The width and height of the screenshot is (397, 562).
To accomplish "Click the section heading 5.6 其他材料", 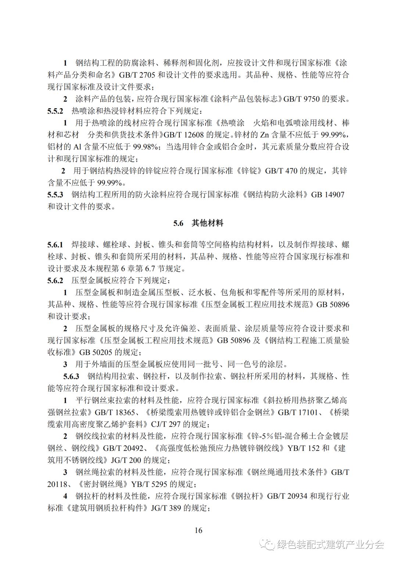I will pos(198,223).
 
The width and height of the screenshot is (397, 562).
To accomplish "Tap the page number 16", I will pos(198,530).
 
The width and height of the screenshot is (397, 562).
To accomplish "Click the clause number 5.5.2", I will pos(55,111).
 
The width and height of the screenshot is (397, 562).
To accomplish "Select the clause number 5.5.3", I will pos(55,195).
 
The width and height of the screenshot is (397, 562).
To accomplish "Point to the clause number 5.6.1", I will pos(55,245).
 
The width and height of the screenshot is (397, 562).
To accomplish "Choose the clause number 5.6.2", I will pos(55,281).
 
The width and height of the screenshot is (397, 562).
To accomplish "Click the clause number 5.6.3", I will pos(71,376).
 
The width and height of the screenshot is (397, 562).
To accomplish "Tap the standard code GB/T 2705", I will pos(137,75).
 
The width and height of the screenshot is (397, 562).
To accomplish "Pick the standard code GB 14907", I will pos(328,195).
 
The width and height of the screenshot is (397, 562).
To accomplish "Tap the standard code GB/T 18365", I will pos(118,412).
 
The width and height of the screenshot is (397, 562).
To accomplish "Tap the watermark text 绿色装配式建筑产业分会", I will pos(330,544).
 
